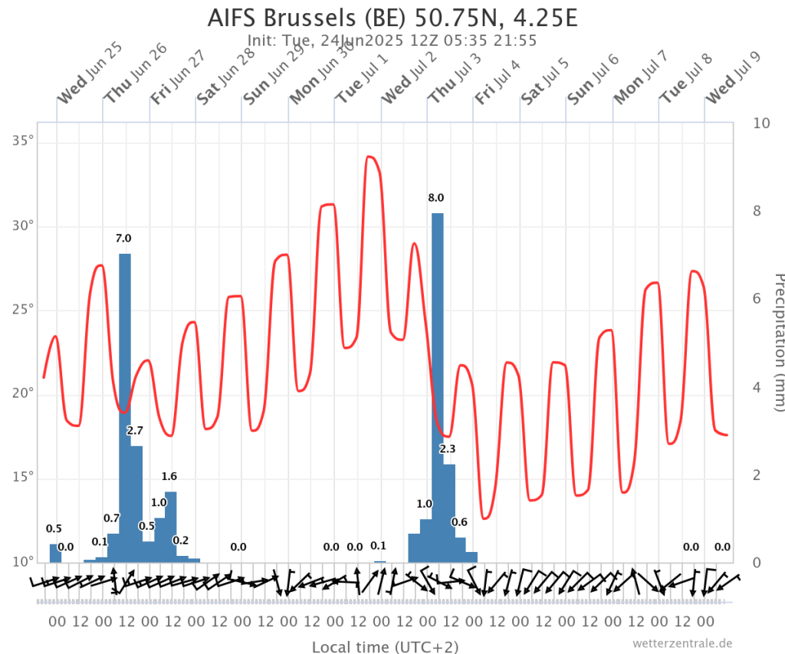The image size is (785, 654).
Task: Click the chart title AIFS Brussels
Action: [392, 18]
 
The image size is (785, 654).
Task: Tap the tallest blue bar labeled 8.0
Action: [437, 383]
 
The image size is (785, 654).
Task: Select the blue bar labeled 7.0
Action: [124, 406]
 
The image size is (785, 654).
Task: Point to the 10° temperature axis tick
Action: [24, 562]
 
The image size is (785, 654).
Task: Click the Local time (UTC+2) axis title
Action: [385, 646]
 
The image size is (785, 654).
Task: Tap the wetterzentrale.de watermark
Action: [683, 643]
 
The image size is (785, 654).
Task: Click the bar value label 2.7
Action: [135, 430]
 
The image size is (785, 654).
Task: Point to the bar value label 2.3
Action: [448, 449]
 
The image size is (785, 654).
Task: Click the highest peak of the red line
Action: [370, 156]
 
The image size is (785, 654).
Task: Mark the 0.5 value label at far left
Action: [54, 528]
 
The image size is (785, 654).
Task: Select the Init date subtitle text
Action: [392, 41]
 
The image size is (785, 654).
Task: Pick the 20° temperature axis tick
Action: [24, 393]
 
